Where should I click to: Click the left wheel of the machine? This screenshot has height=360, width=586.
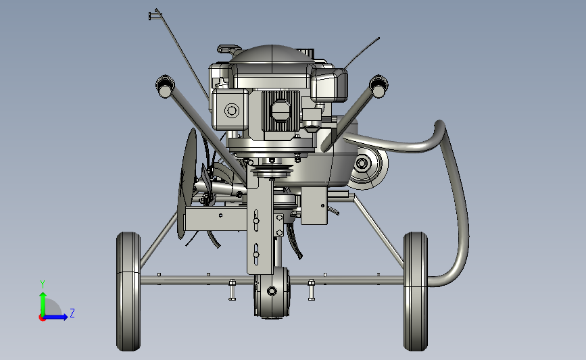click(x=128, y=291)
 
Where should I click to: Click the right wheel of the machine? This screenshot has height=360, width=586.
click(x=416, y=291)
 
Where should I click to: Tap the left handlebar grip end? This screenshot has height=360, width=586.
click(x=165, y=86)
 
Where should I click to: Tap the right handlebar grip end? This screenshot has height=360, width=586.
click(x=379, y=86)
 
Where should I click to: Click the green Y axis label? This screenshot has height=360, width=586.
click(x=43, y=284)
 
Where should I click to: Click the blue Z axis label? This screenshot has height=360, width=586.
click(x=72, y=313)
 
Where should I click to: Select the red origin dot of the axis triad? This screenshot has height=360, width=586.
click(x=42, y=318)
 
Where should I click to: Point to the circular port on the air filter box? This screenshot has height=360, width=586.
click(x=232, y=111)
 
